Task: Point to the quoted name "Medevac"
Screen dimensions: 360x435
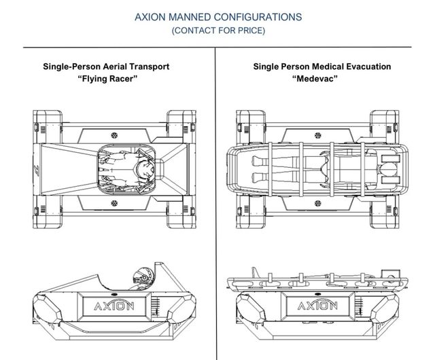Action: (x=322, y=78)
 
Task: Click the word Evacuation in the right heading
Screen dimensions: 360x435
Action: (x=367, y=67)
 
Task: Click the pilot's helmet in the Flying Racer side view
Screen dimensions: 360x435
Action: (x=141, y=277)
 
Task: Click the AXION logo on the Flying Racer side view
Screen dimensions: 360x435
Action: (x=111, y=303)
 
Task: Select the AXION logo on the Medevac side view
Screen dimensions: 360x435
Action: (x=321, y=303)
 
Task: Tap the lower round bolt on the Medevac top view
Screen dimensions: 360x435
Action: (x=319, y=202)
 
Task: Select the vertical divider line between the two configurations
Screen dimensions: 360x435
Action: (x=215, y=204)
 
